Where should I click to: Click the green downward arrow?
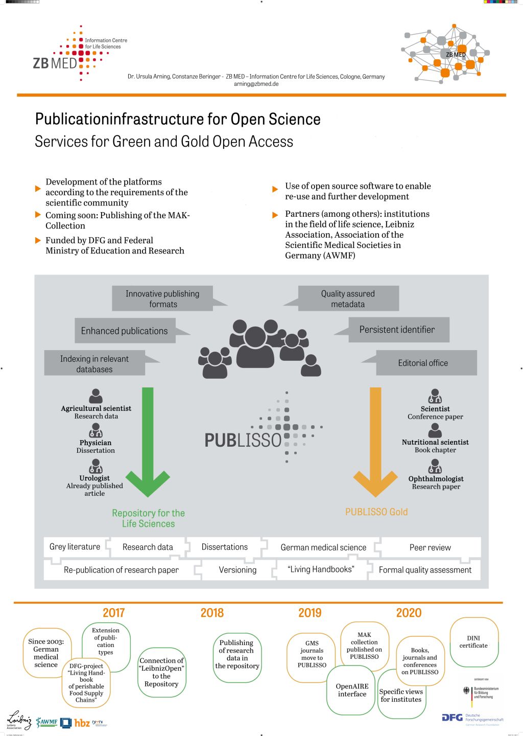click(148, 440)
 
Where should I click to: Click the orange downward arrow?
click(375, 440)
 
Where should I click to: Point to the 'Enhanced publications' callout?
click(125, 331)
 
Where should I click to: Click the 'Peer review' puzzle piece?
click(430, 547)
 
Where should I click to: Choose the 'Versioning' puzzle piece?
click(237, 570)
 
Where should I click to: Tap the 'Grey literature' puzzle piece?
click(75, 547)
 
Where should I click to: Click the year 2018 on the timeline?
click(212, 613)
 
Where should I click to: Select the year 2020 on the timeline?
click(409, 613)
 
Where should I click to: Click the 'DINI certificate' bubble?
click(473, 642)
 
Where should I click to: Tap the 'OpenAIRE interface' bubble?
click(352, 690)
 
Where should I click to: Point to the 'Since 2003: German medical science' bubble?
click(46, 653)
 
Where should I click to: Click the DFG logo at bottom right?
click(453, 718)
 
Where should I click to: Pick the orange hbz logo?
click(82, 723)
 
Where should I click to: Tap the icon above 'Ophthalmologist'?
click(435, 466)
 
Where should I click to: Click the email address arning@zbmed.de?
click(256, 84)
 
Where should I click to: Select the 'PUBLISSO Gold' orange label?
click(376, 512)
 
